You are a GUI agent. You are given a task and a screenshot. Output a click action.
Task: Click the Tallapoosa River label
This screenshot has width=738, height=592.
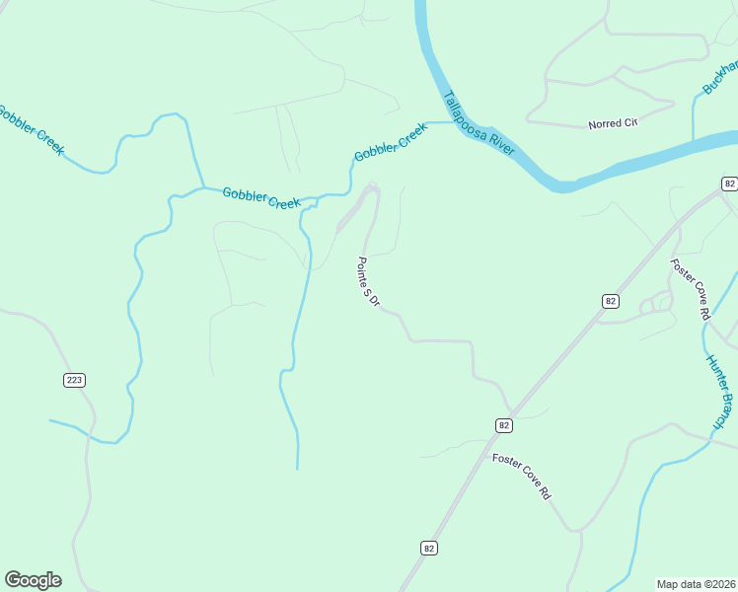(479, 123)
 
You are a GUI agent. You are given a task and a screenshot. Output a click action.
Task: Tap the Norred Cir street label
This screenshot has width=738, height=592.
(613, 123)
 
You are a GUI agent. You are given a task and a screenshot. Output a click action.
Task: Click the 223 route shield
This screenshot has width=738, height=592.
(75, 380)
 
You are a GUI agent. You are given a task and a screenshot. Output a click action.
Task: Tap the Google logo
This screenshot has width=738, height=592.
(33, 580)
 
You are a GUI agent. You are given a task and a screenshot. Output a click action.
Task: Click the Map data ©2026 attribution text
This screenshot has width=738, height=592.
(697, 583)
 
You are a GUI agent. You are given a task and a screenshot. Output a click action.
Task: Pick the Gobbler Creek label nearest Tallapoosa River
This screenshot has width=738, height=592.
(391, 142)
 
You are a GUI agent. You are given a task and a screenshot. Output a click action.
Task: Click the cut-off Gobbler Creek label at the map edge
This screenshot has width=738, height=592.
(31, 129)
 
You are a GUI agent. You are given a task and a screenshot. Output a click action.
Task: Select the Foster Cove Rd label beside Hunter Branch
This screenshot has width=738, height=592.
(691, 289)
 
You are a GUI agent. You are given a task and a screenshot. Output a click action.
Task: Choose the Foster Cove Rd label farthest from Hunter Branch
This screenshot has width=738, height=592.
(521, 477)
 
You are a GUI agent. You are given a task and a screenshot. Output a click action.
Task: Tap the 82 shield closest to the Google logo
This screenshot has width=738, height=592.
(428, 548)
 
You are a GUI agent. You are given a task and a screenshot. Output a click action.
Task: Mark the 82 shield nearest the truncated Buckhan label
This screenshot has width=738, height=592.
(729, 184)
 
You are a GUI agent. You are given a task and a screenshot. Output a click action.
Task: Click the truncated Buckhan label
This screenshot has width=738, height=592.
(719, 77)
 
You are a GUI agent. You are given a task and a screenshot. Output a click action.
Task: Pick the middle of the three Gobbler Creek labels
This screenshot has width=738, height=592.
(260, 197)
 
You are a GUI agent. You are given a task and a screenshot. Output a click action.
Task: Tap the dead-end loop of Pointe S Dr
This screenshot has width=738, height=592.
(372, 187)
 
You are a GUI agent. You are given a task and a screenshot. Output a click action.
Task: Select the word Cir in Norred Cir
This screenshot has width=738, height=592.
(630, 123)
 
